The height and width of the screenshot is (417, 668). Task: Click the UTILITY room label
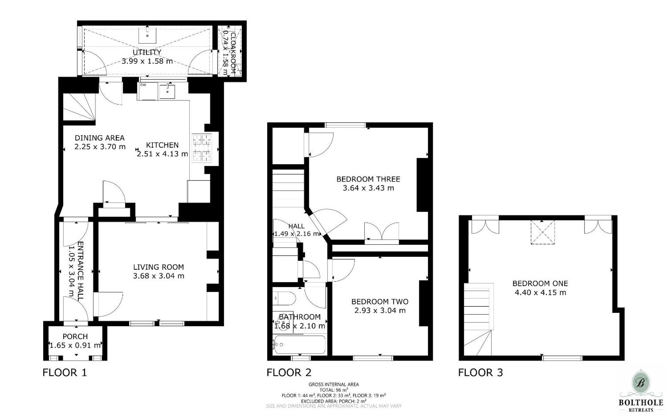tap(147, 52)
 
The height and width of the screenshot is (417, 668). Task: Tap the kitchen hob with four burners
tap(202, 148)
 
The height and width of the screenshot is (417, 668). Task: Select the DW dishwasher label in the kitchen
tap(143, 85)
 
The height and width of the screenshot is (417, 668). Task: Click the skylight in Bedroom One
tap(542, 232)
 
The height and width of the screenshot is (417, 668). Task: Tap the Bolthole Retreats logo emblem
tap(641, 383)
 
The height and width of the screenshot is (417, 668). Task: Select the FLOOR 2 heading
tap(289, 372)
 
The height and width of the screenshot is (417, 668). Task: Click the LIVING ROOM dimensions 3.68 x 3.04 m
tap(158, 276)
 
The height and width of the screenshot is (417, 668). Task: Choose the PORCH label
tap(75, 336)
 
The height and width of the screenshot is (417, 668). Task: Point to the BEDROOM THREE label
tap(368, 179)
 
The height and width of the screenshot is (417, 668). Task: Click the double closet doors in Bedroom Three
tap(382, 231)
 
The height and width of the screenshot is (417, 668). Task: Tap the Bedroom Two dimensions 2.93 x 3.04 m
tap(380, 310)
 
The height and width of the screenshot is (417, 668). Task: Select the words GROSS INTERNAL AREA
tap(333, 384)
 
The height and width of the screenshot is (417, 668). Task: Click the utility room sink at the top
tap(148, 35)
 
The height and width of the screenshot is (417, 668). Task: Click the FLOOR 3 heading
tap(480, 372)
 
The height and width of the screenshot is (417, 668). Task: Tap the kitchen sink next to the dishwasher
tap(167, 91)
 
